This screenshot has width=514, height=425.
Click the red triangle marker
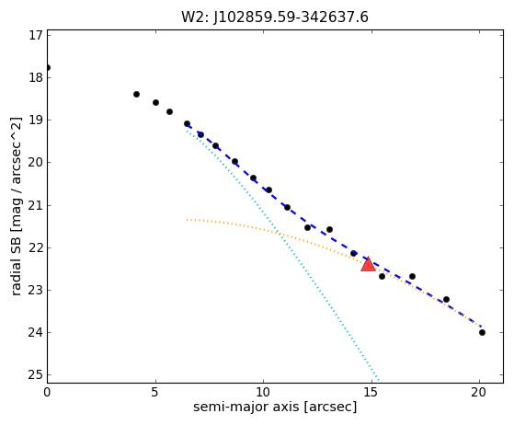click(x=368, y=264)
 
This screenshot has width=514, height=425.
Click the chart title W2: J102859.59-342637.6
click(x=275, y=17)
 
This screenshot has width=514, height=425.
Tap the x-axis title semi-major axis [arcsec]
click(x=275, y=407)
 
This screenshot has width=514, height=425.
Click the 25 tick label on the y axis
click(x=36, y=374)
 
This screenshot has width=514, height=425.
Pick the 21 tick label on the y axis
click(x=36, y=205)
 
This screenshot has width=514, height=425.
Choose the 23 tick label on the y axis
click(x=36, y=290)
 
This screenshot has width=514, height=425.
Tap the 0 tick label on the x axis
click(x=47, y=392)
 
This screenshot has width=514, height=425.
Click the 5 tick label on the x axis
click(x=155, y=392)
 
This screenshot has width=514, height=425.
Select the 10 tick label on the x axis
click(x=263, y=392)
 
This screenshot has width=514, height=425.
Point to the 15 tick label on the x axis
click(x=371, y=392)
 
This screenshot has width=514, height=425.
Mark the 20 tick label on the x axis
click(x=479, y=392)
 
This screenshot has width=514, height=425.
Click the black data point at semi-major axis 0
click(x=48, y=67)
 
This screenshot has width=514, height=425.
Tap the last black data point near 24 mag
click(x=482, y=332)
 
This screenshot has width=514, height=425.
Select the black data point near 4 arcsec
click(x=136, y=95)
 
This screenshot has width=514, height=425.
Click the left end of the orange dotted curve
click(x=187, y=220)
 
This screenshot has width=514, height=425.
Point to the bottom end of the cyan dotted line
click(x=379, y=381)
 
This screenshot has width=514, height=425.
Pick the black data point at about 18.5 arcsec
click(x=446, y=299)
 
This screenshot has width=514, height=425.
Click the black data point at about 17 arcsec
click(x=412, y=277)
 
